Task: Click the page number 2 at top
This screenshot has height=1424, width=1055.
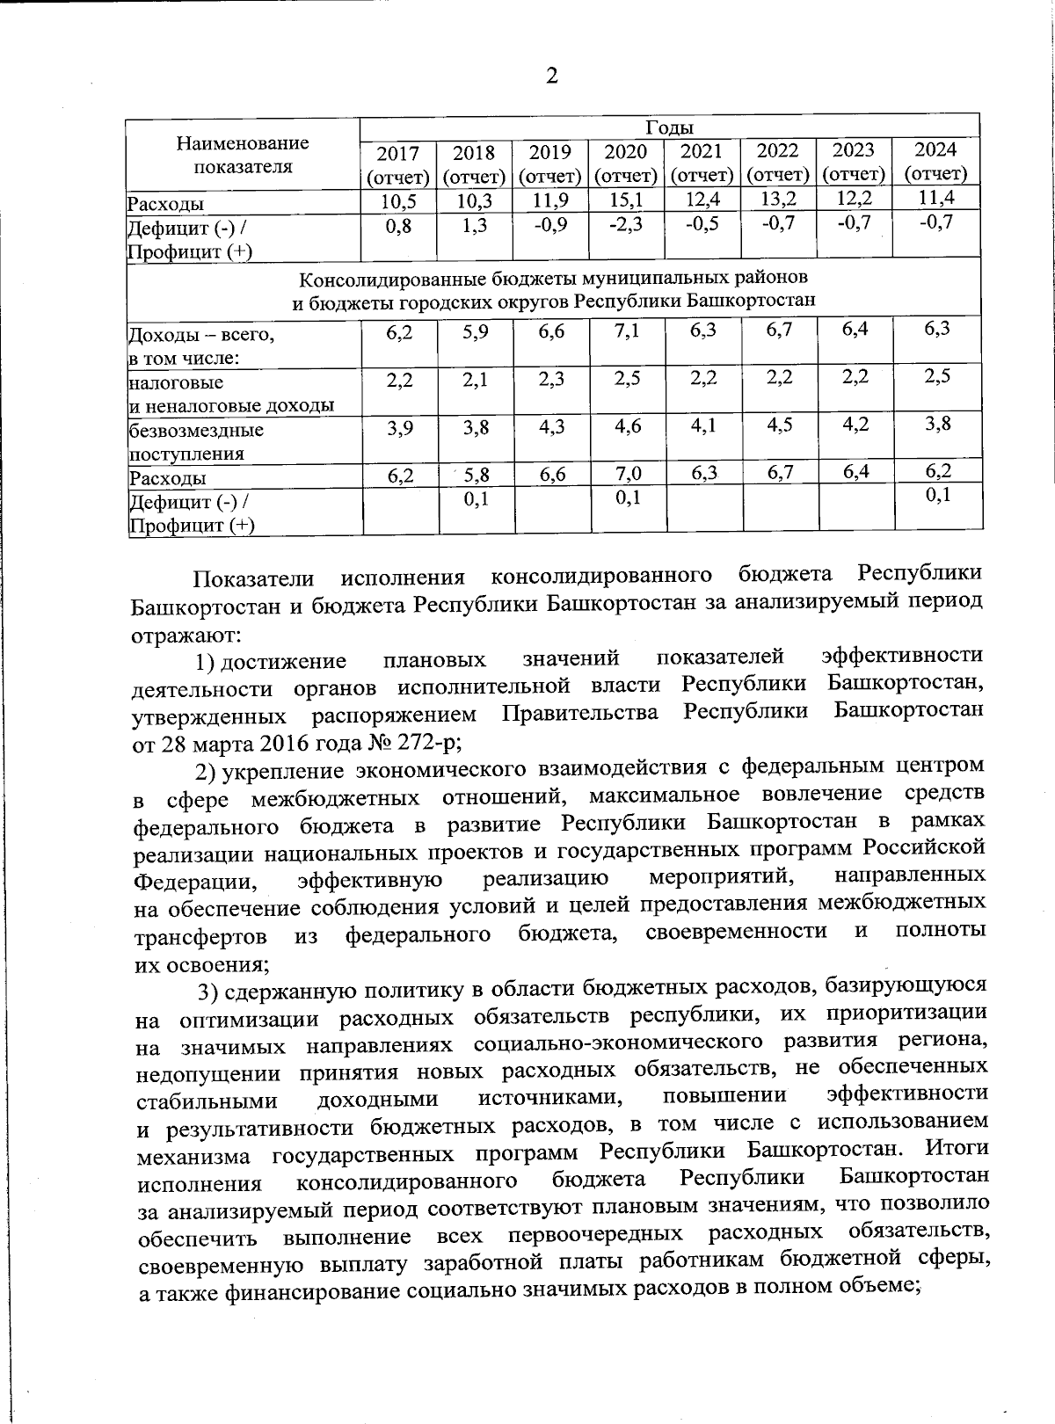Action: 552,76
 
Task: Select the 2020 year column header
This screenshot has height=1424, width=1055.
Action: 626,162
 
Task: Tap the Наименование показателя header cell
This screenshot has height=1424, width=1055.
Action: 243,154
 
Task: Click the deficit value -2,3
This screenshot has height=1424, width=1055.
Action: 626,225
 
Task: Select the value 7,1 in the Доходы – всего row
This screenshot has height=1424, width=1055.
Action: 627,331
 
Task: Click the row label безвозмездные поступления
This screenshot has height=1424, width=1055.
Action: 196,442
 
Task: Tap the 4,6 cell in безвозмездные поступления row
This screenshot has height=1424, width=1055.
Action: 627,428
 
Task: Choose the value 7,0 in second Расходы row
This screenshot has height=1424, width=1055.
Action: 627,475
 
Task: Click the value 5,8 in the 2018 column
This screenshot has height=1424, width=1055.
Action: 476,476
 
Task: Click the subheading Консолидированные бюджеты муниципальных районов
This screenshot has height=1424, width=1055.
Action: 554,280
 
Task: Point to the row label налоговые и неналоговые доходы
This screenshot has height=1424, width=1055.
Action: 230,394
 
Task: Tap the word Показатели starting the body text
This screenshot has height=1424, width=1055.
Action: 253,578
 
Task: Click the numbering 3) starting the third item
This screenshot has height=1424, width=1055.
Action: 207,992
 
